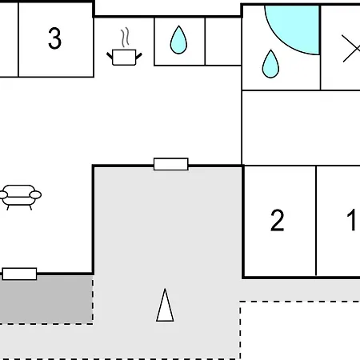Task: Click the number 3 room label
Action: tap(54, 38)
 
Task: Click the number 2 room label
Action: tap(277, 220)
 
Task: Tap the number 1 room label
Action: tap(352, 220)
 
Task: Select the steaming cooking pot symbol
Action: tap(124, 47)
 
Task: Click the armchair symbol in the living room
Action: tap(20, 197)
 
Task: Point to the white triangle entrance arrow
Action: tap(165, 306)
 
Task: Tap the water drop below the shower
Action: tap(270, 64)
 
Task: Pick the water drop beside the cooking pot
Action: tap(178, 40)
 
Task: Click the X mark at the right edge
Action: tap(351, 49)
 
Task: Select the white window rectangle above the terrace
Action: tap(171, 164)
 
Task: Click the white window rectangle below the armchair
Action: tap(19, 274)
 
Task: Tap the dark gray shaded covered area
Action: tap(46, 299)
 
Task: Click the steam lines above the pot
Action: tap(125, 38)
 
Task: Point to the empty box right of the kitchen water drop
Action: tap(223, 42)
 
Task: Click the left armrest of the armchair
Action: tap(3, 195)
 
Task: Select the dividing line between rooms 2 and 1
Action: tap(316, 221)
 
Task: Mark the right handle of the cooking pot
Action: tap(138, 56)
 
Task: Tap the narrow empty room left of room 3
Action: tap(9, 40)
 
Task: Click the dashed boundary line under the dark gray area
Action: tap(46, 324)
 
